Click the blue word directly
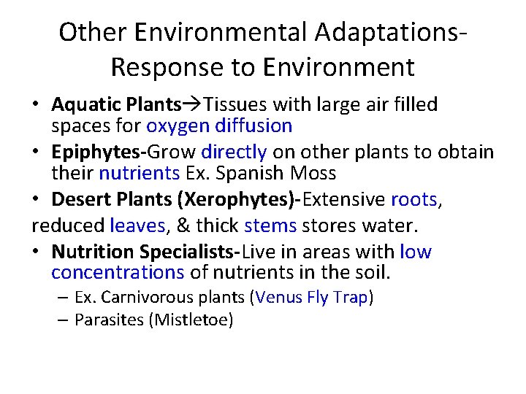pyautogui.click(x=234, y=152)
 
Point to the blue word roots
pyautogui.click(x=413, y=200)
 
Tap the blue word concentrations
pyautogui.click(x=118, y=273)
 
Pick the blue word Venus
pyautogui.click(x=279, y=298)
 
